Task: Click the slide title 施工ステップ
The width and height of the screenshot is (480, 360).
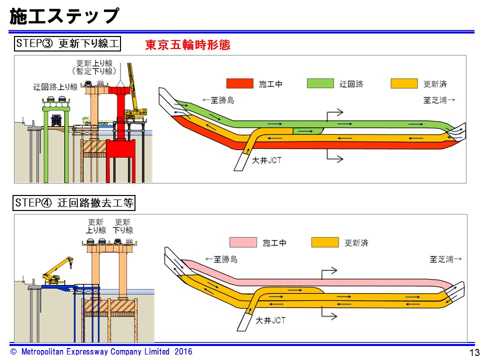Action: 64,16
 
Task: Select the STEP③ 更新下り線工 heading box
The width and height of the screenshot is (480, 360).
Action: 67,44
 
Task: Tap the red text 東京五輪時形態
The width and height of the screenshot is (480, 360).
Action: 187,45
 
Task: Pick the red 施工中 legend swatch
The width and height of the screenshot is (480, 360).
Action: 240,83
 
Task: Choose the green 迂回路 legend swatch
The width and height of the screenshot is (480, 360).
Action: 320,83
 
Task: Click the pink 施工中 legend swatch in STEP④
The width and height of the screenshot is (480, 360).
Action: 243,243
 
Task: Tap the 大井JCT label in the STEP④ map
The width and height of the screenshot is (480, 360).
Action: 270,320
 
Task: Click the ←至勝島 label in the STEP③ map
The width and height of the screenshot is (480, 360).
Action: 218,100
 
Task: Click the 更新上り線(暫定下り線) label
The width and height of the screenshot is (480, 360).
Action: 94,67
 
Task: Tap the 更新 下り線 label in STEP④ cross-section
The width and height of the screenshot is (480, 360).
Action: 123,226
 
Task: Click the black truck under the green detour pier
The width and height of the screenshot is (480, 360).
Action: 56,119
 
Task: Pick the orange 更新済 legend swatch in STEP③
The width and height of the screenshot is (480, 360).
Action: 404,83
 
